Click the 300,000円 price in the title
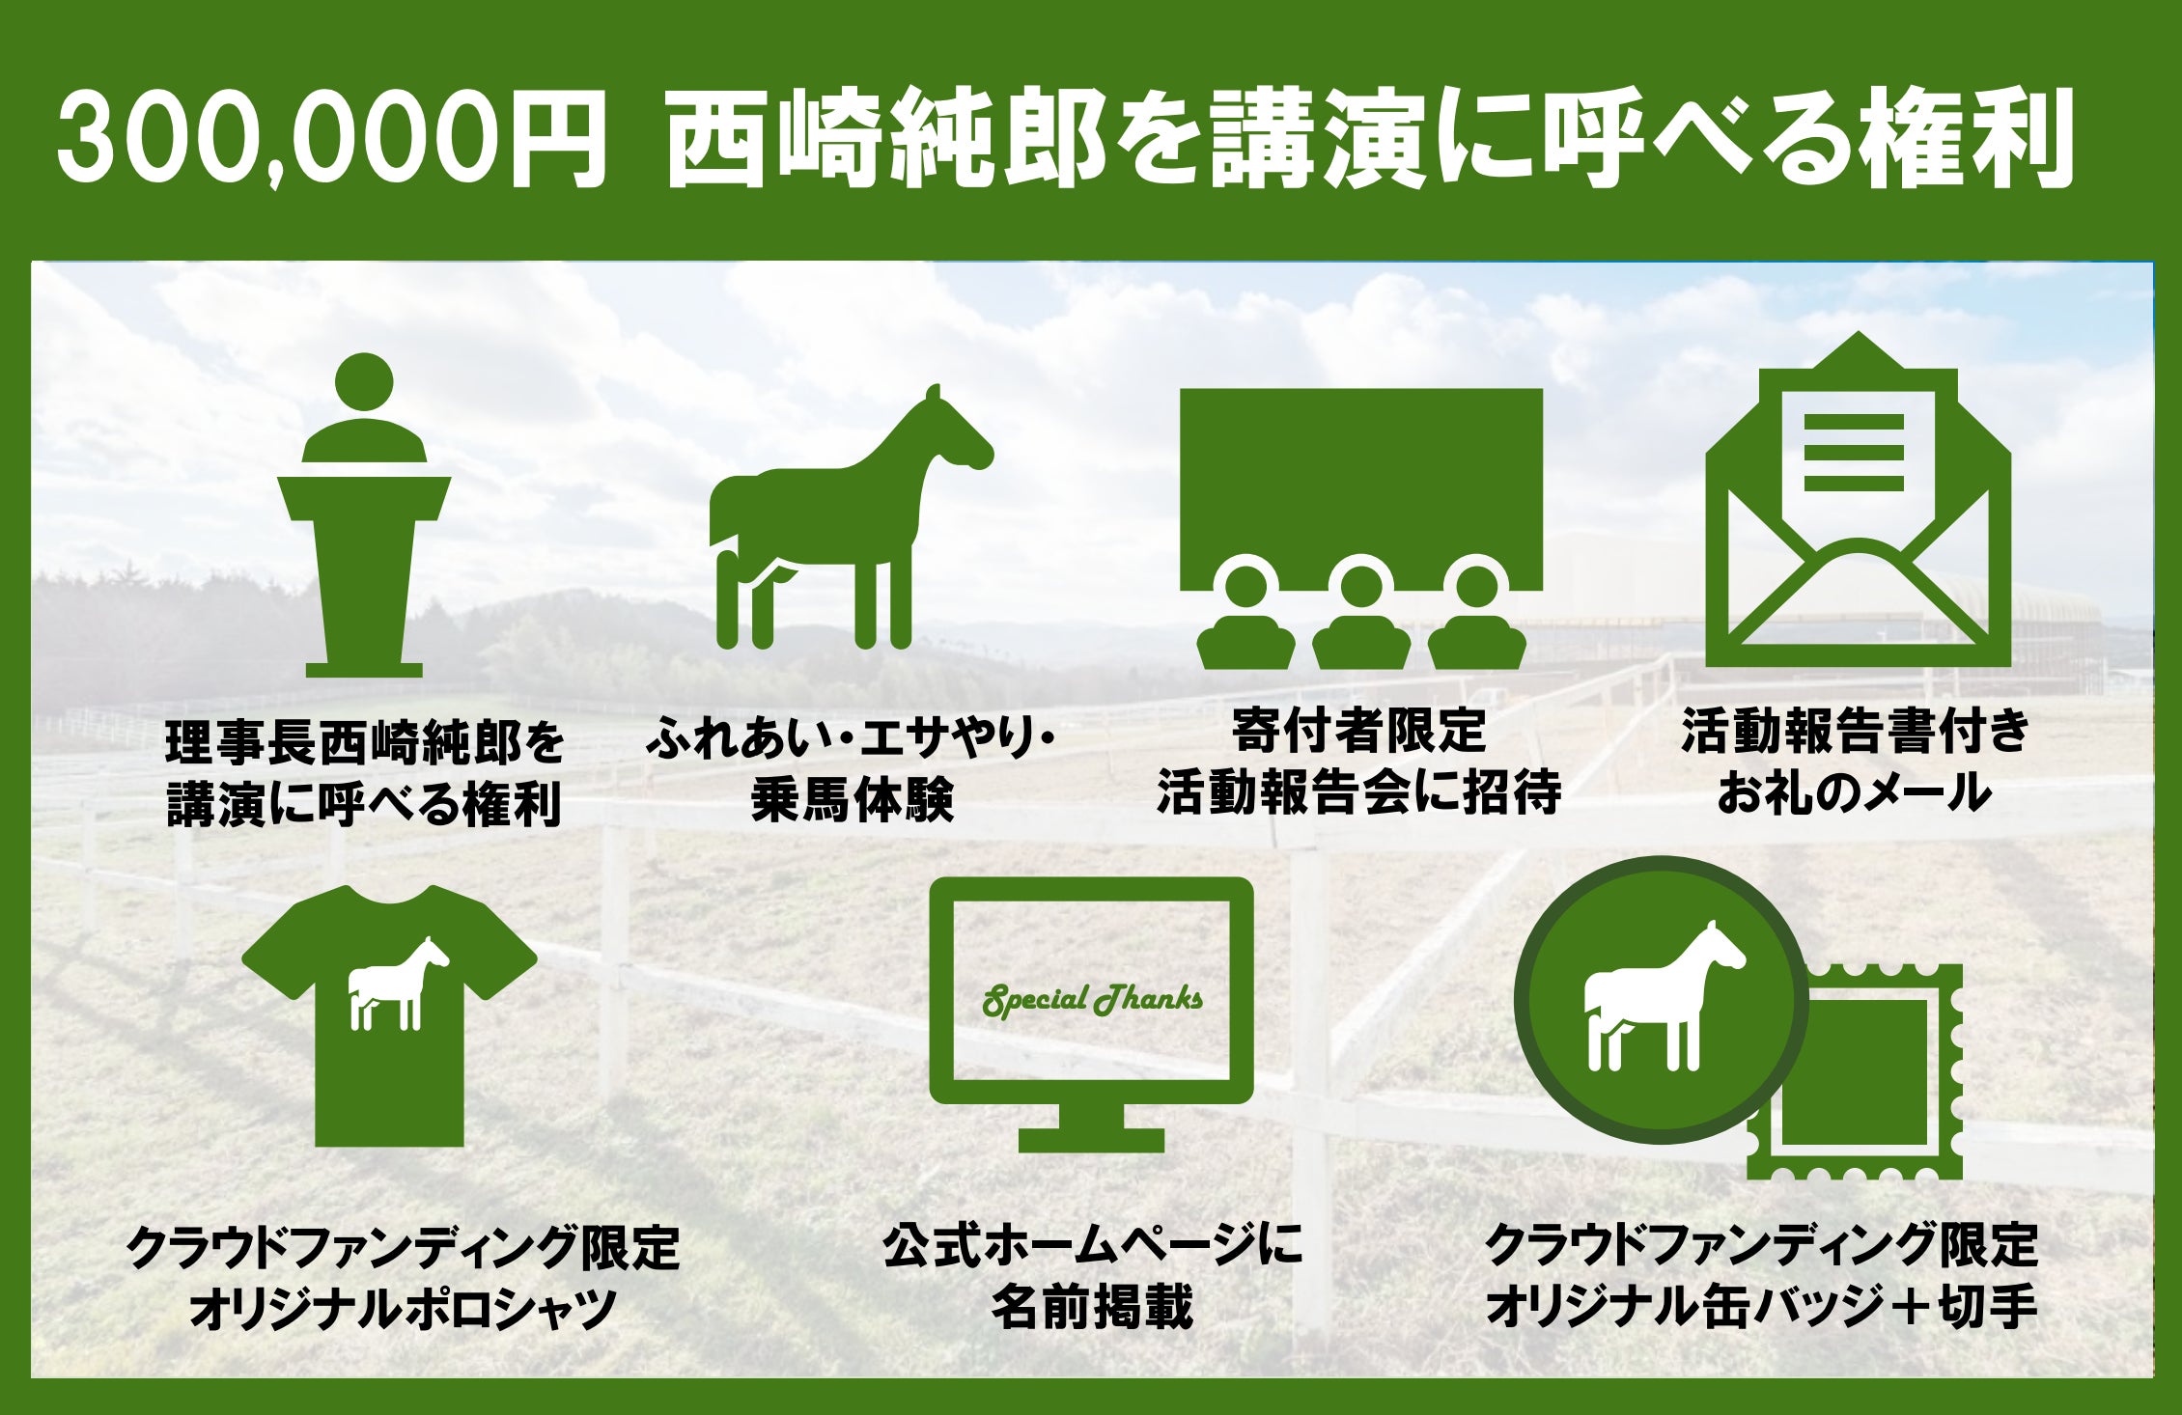point(332,138)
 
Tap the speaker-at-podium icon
point(364,515)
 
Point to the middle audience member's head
point(1361,585)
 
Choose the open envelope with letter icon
point(1858,500)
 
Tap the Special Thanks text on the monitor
point(1092,1000)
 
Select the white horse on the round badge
point(1664,996)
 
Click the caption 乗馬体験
point(853,800)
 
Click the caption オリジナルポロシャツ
point(403,1309)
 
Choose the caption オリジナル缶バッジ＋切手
point(1761,1307)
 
